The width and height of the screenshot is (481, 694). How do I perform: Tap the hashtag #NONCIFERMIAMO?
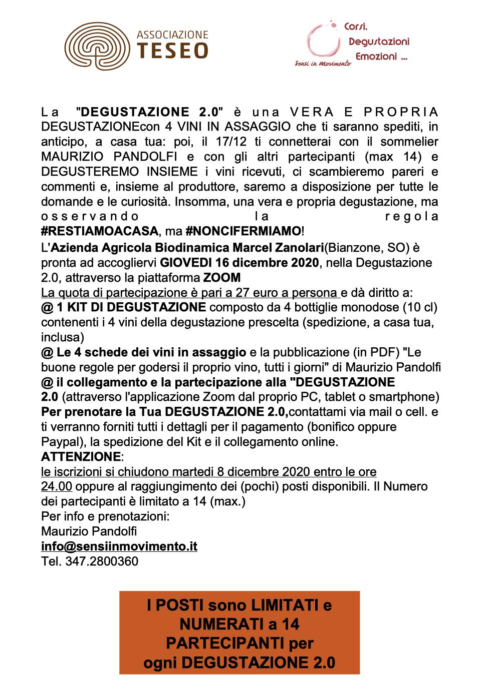[x=243, y=231]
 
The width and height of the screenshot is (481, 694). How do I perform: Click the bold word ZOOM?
[x=221, y=278]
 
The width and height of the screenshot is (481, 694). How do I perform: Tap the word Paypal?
[x=58, y=442]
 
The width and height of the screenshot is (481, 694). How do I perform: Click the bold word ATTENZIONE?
[x=81, y=457]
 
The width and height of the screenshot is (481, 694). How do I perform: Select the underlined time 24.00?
[x=57, y=486]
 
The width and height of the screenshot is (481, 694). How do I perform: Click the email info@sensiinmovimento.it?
[x=119, y=546]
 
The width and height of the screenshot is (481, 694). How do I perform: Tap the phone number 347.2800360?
[x=102, y=561]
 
